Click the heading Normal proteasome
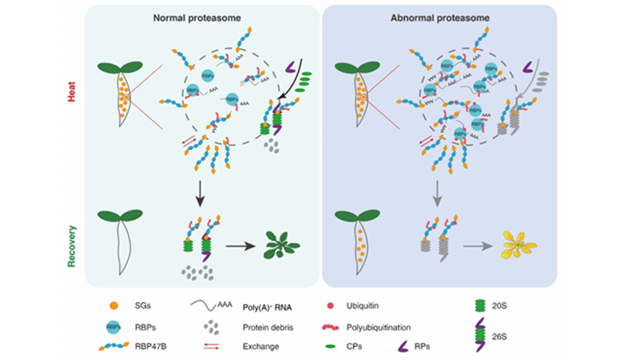tap(202, 16)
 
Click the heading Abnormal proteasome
tap(441, 16)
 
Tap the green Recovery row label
tap(73, 235)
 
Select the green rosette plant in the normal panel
tap(281, 243)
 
